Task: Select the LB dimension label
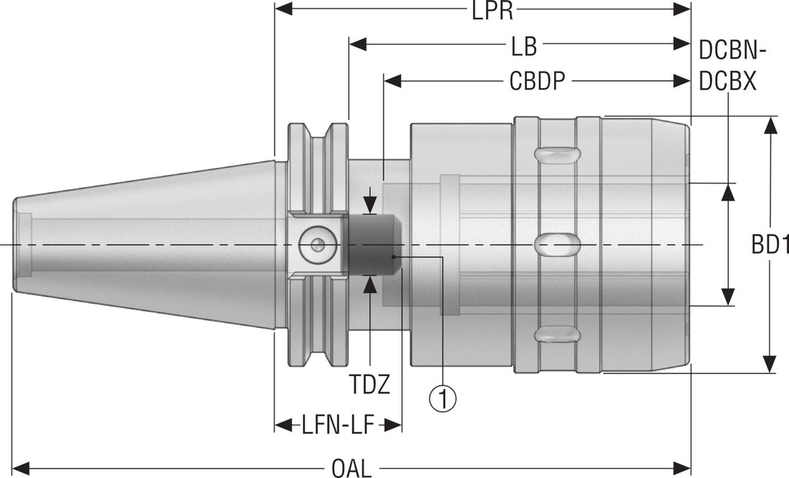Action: point(523,47)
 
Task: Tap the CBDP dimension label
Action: point(537,82)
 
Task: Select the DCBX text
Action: point(727,82)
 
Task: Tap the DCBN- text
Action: point(731,51)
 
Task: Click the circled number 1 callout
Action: point(443,398)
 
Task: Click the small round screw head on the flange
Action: point(314,244)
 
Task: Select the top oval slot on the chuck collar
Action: point(557,154)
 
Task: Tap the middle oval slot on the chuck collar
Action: point(557,244)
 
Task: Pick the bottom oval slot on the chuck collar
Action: point(557,335)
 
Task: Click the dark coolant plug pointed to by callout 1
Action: point(372,244)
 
